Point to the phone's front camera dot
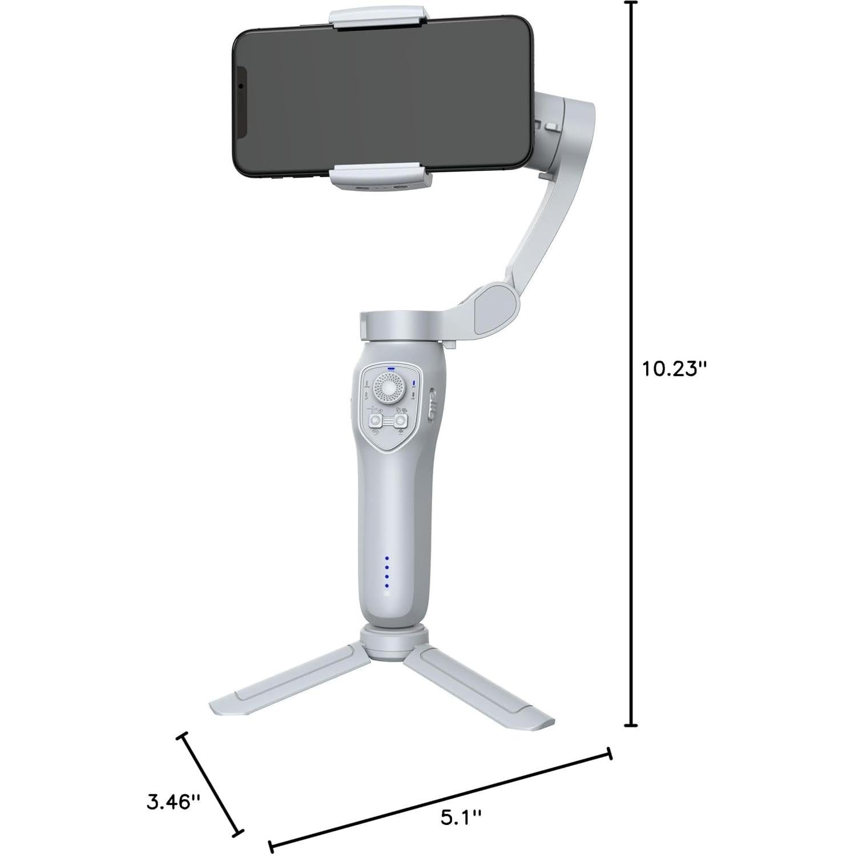point(241,86)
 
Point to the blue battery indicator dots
point(386,572)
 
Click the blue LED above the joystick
point(390,369)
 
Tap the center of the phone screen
point(382,97)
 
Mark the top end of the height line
point(630,3)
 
